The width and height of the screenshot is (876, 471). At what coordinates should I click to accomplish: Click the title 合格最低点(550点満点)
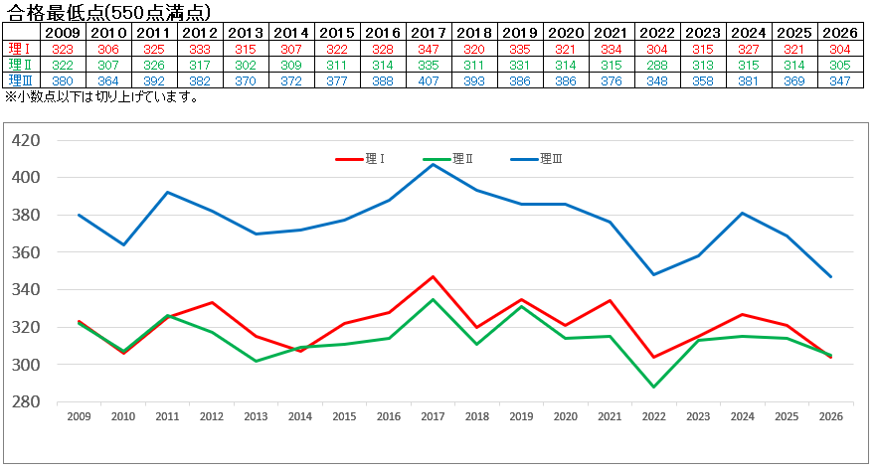coord(108,12)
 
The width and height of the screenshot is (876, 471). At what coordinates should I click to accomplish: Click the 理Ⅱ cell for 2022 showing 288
coord(654,65)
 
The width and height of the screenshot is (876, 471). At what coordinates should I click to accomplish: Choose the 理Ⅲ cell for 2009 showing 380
coord(63,80)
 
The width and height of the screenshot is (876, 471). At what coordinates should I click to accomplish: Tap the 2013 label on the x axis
coord(256,417)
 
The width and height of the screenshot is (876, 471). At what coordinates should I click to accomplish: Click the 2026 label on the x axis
coord(830,417)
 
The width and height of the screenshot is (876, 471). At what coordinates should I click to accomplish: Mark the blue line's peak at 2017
coord(434,164)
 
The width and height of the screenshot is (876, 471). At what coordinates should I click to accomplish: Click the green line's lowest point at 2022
coord(654,387)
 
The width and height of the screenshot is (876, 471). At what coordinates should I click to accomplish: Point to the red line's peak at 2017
coord(434,276)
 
